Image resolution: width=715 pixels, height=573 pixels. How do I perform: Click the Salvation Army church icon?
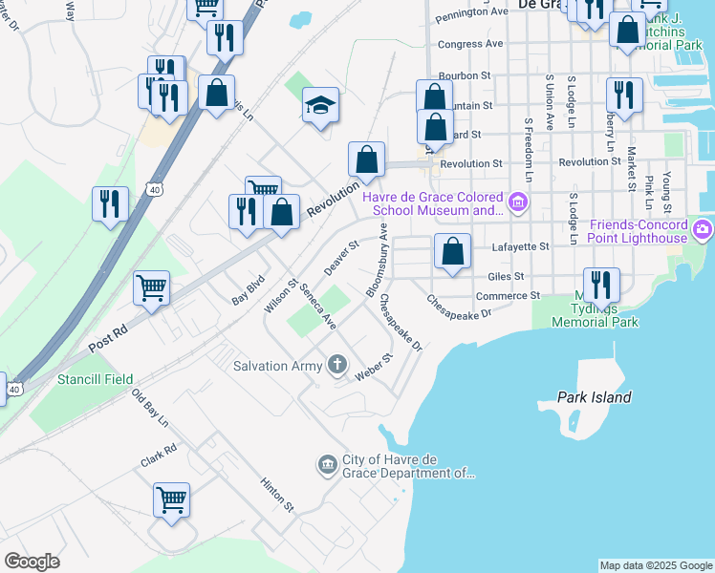click(336, 364)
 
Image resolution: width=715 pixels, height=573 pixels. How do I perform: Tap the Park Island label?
click(595, 396)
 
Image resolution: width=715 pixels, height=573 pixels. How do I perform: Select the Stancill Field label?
click(93, 379)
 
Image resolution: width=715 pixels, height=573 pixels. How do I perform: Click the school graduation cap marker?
click(321, 106)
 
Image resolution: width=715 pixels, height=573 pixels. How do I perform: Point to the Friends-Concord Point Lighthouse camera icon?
click(704, 229)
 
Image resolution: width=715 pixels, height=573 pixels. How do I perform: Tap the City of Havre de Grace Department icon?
click(327, 465)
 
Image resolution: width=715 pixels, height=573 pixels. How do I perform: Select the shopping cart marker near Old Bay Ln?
click(171, 499)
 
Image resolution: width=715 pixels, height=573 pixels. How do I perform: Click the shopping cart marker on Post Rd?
click(152, 287)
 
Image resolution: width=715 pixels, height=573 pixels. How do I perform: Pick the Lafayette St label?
click(520, 246)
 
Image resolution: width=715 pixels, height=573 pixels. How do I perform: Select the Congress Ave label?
click(469, 44)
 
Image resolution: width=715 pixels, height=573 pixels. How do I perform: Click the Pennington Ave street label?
click(471, 13)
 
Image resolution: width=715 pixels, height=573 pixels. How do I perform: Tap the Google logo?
click(31, 561)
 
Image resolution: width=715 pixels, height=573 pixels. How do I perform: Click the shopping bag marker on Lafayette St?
click(453, 251)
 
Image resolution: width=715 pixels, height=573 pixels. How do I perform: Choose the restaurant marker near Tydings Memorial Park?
click(601, 285)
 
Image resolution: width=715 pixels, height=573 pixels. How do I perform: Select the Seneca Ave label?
click(316, 307)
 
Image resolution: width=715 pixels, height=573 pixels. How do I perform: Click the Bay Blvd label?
click(248, 292)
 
